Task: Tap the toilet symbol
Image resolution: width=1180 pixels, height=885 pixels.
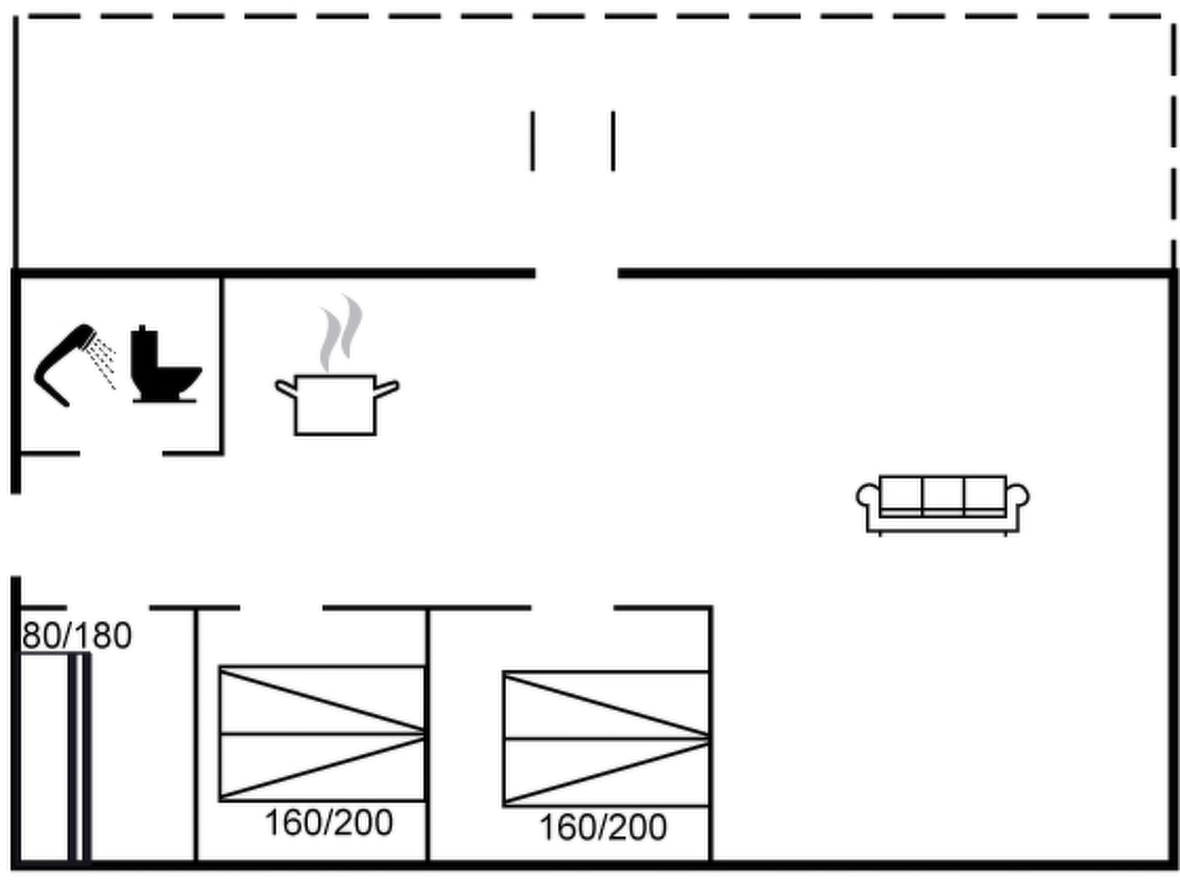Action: pos(164,366)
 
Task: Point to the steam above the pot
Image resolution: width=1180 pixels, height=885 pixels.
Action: pos(341,331)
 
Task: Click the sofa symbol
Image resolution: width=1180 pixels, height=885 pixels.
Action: pos(943,504)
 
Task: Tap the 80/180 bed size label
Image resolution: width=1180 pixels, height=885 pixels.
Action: pos(77,636)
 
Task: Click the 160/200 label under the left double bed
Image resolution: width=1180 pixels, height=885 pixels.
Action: pos(328,823)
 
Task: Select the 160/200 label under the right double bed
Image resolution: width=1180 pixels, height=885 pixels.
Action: pos(603,828)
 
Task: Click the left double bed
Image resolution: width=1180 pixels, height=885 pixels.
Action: pos(322,733)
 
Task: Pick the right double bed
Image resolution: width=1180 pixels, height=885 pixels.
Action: pos(606,738)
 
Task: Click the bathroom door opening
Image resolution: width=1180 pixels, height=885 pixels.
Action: pos(121,453)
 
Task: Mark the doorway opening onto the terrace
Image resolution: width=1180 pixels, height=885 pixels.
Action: pos(577,273)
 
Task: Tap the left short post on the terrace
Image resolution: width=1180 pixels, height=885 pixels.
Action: pos(532,141)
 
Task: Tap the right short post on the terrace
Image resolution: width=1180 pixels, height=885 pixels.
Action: pos(613,141)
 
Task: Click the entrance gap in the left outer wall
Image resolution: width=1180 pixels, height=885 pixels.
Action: pos(16,535)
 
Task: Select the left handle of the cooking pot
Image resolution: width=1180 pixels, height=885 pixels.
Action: pos(285,387)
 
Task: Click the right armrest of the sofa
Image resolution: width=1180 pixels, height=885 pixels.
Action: pos(1018,497)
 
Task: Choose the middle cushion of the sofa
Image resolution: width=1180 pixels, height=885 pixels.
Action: pos(943,494)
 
